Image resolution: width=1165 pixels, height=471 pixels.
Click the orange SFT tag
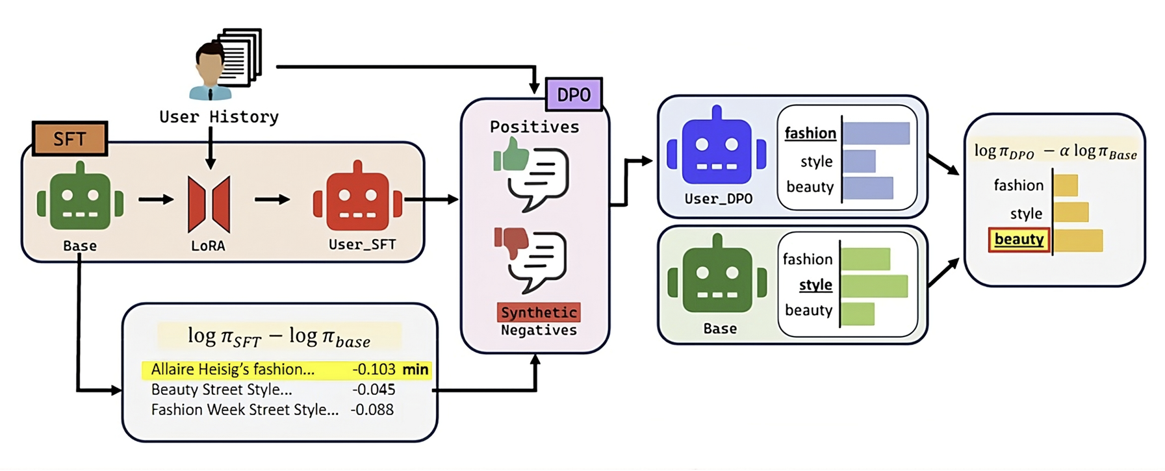[x=70, y=138]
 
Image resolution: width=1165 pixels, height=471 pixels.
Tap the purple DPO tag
[x=574, y=95]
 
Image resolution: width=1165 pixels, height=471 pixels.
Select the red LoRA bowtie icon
[x=209, y=204]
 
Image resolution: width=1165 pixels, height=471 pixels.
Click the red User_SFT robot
[x=357, y=198]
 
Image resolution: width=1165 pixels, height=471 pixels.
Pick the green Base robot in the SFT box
[x=80, y=198]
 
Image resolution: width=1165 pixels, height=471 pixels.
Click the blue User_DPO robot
[x=717, y=148]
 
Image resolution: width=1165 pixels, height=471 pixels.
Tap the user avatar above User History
[x=211, y=71]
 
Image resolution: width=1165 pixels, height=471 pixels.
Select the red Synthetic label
[x=538, y=312]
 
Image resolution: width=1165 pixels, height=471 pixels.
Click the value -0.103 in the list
[x=374, y=370]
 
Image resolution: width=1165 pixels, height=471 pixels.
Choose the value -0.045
[x=374, y=390]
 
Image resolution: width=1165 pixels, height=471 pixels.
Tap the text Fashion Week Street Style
[x=244, y=410]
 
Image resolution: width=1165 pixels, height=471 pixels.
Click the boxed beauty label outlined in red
[x=1019, y=239]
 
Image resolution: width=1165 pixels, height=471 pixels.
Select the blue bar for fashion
[x=876, y=133]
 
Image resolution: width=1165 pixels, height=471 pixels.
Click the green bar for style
[x=874, y=286]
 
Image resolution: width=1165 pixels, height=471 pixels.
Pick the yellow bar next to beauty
[x=1078, y=240]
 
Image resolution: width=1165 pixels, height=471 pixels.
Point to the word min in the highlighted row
[x=415, y=370]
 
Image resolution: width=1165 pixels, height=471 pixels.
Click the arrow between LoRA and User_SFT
[x=272, y=199]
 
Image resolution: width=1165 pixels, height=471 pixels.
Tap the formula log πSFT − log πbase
[x=279, y=337]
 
